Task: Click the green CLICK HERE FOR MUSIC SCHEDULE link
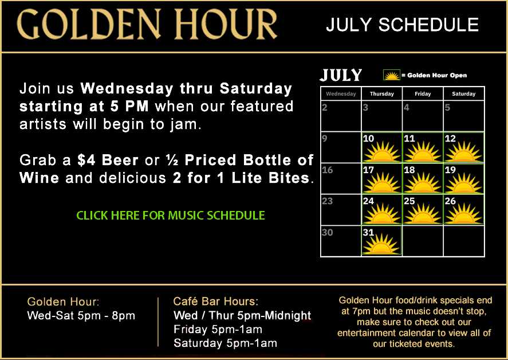click(x=171, y=216)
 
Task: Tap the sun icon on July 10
click(x=381, y=151)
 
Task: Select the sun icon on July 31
click(x=381, y=244)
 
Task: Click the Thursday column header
click(x=382, y=94)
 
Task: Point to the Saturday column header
click(x=464, y=94)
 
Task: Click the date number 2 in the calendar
click(x=325, y=107)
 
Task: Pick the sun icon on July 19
click(x=464, y=183)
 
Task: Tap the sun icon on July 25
click(x=423, y=214)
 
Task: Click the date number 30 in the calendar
click(x=328, y=232)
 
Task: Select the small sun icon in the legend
click(x=392, y=75)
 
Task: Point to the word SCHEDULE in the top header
click(x=428, y=25)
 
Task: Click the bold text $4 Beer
click(x=108, y=160)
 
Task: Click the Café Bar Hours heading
click(x=216, y=302)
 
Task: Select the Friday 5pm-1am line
click(x=218, y=329)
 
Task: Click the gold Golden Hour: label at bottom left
click(x=63, y=302)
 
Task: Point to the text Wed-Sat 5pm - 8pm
click(x=81, y=315)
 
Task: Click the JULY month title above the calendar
click(x=341, y=75)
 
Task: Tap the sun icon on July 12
click(x=464, y=151)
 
